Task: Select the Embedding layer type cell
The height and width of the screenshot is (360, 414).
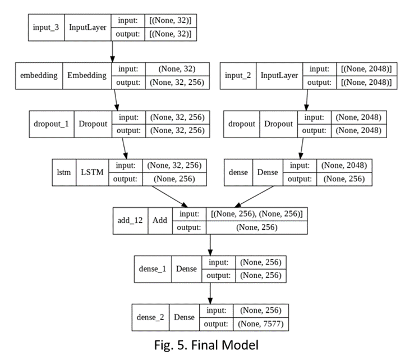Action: click(87, 76)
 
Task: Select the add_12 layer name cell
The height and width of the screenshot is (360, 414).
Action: click(130, 220)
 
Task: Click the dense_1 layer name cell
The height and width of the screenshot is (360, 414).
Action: click(153, 269)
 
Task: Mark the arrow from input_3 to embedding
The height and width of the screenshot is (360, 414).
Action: click(113, 51)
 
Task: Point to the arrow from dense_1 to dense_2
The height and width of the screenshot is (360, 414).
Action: click(210, 292)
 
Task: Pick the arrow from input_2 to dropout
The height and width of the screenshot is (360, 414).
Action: click(306, 100)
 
